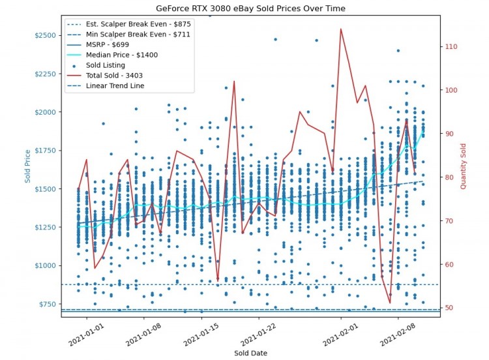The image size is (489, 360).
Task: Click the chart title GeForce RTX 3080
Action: [x=250, y=8]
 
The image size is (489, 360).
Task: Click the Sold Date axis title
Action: [x=250, y=353]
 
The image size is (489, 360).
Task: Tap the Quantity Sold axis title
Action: [x=463, y=166]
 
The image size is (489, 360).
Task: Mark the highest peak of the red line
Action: [x=340, y=29]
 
